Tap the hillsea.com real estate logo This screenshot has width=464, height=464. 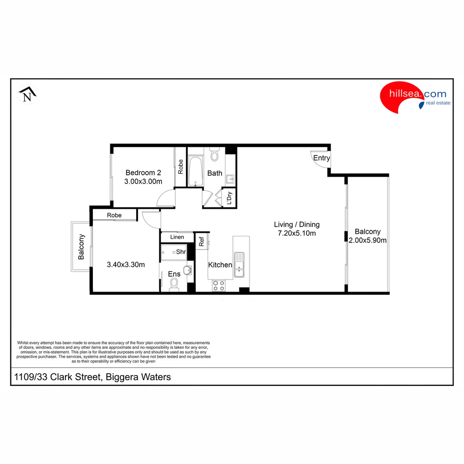[415, 98]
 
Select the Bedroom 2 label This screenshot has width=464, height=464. [143, 173]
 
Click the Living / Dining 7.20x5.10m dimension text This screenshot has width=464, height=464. [297, 233]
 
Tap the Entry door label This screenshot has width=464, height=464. [321, 158]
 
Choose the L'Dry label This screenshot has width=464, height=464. [229, 198]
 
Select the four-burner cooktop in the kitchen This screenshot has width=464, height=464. [219, 285]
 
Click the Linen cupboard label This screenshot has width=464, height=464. [177, 237]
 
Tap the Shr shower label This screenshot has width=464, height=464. [181, 252]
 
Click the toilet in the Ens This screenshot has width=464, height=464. [174, 284]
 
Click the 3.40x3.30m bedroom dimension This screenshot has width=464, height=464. [125, 265]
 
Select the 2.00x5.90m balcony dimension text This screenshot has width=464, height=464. [367, 241]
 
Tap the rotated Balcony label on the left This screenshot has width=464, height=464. [81, 247]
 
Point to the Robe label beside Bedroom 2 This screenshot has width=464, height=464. [180, 167]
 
